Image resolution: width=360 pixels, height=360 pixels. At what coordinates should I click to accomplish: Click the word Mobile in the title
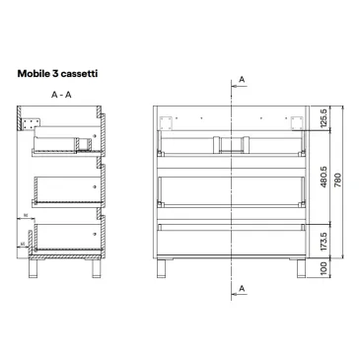click(x=36, y=73)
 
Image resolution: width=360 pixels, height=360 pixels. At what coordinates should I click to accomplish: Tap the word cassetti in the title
click(x=84, y=73)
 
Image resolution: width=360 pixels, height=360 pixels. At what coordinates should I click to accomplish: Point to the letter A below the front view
click(x=243, y=288)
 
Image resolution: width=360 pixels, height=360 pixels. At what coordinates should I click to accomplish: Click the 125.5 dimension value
click(x=323, y=122)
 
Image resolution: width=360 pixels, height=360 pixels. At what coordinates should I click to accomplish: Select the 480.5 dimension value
click(x=323, y=189)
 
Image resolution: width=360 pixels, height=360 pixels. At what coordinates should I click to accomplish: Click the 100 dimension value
click(x=323, y=267)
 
